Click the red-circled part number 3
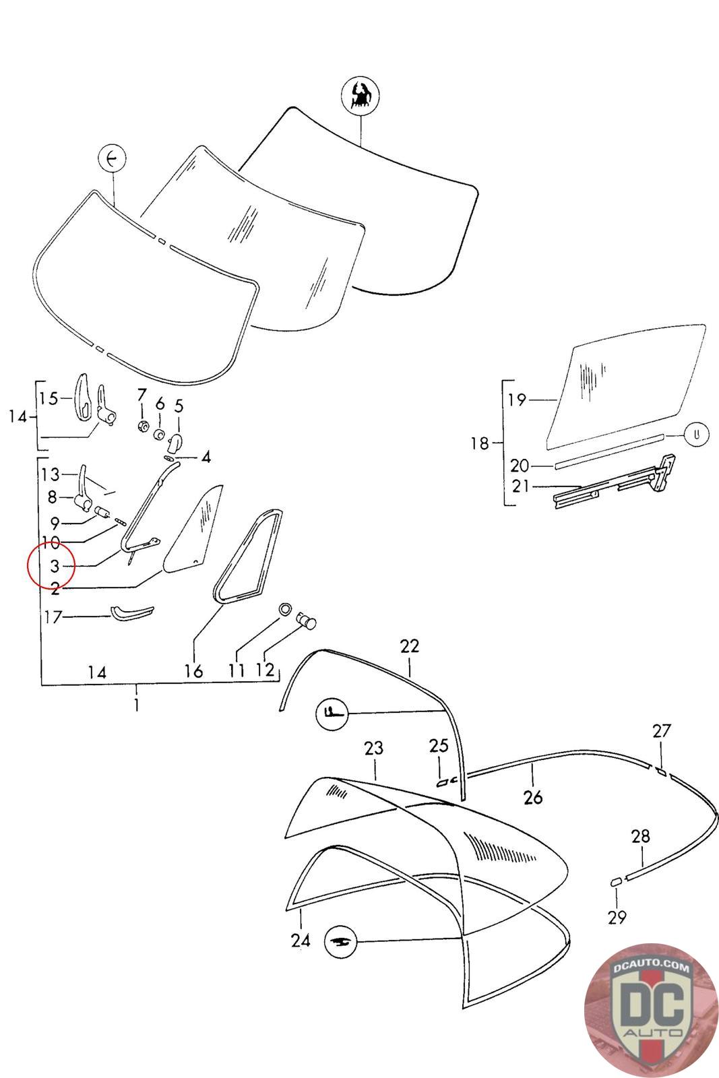tap(55, 566)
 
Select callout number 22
tap(409, 646)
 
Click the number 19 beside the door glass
tap(517, 400)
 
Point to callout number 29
tap(617, 917)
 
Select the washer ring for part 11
tap(285, 609)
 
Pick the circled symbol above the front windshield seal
tap(112, 160)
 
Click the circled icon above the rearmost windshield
tap(361, 95)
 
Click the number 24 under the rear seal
tap(301, 939)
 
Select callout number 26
tap(532, 798)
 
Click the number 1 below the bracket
tap(137, 705)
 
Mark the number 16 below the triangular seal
tap(193, 671)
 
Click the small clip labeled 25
tap(443, 782)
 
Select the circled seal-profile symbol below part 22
tap(331, 712)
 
